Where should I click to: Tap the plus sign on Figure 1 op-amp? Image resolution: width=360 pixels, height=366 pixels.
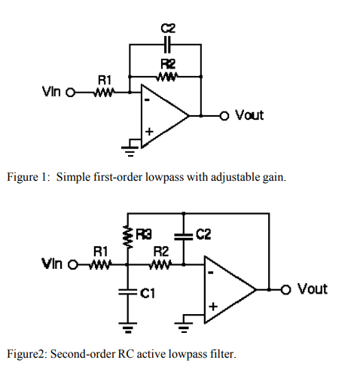coord(148,131)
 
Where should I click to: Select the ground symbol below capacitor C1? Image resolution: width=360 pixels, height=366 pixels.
coord(127,326)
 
